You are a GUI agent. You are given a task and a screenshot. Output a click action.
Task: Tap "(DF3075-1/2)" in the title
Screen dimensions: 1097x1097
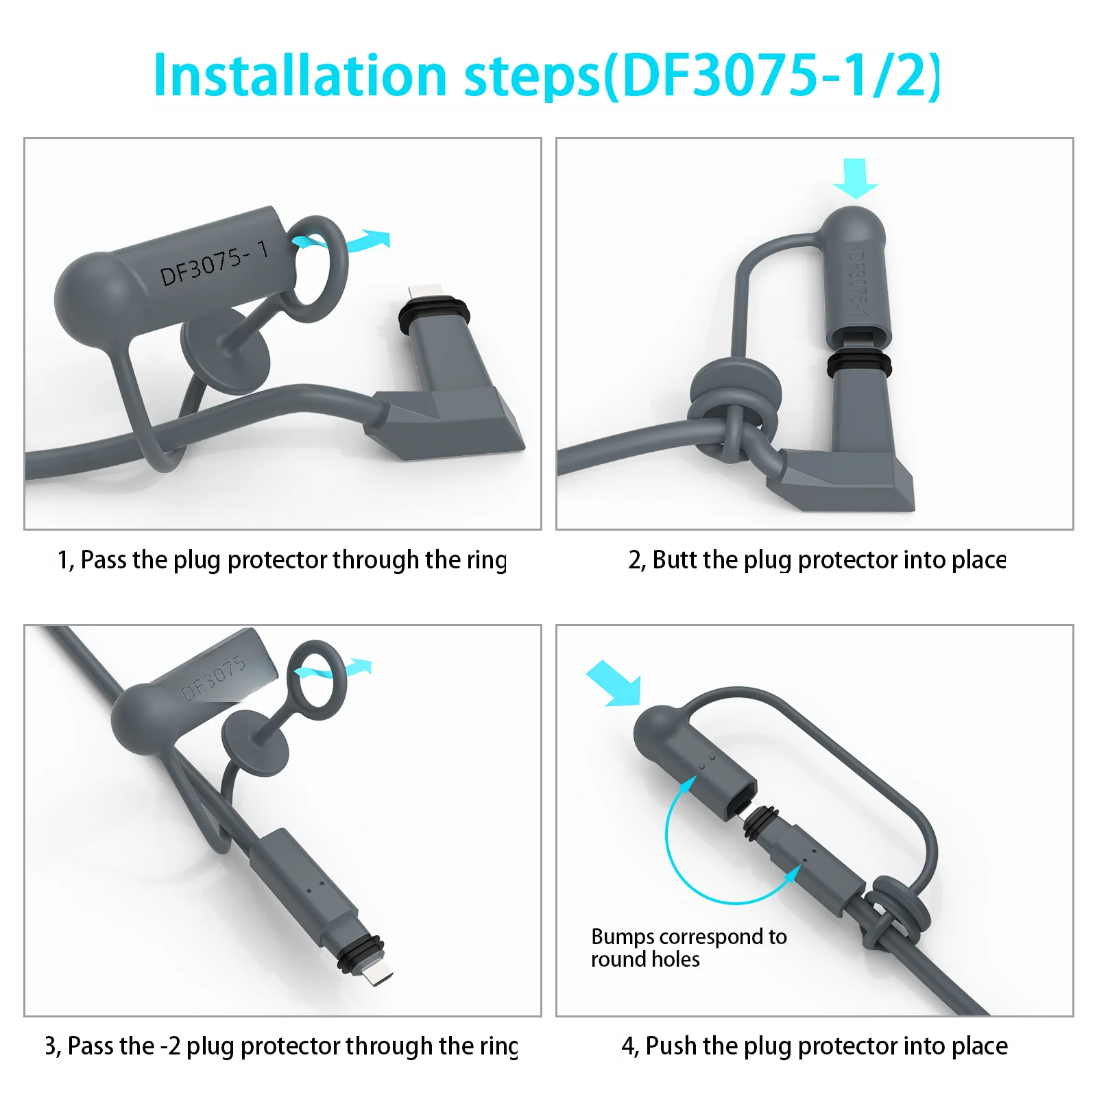click(773, 75)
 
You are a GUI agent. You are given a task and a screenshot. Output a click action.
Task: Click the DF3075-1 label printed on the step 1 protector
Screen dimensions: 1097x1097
click(214, 263)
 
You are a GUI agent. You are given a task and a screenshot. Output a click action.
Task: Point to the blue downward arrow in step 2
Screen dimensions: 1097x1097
click(855, 178)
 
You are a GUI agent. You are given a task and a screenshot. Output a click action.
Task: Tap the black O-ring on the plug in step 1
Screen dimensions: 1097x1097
click(434, 311)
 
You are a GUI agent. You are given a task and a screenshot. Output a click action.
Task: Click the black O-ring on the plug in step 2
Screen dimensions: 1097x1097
click(859, 364)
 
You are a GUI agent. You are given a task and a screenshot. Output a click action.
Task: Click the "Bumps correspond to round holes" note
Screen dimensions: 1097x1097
click(688, 948)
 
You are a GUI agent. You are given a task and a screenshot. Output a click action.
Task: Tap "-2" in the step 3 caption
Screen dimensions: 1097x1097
click(170, 1046)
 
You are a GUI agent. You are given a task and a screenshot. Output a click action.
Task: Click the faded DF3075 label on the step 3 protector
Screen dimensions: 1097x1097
click(213, 678)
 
